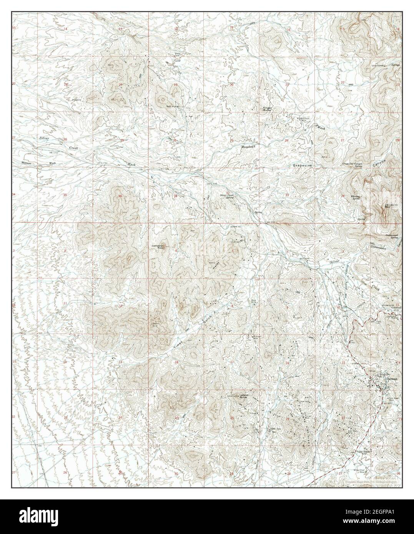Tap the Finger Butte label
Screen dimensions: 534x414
pos(267,109)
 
